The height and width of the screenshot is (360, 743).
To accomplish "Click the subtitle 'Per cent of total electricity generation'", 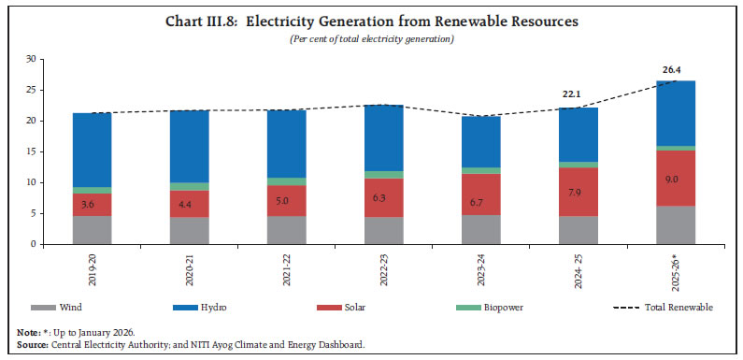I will (x=372, y=39).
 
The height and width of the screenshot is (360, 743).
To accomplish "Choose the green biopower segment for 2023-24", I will (x=487, y=171).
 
